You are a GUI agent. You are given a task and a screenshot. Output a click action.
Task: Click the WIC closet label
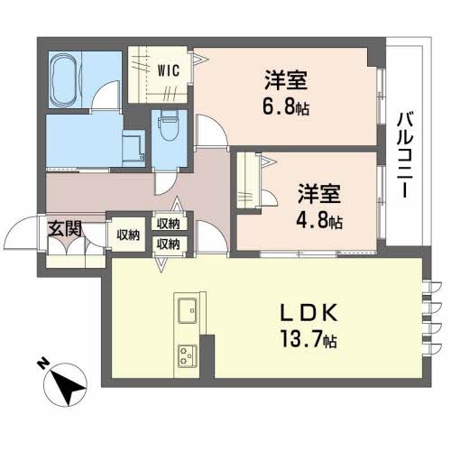coord(169,70)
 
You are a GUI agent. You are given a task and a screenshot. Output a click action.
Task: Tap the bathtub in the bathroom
coord(64,79)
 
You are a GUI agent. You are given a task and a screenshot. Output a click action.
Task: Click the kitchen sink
coord(187,310)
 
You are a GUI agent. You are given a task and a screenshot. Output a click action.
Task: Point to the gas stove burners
coord(188,356)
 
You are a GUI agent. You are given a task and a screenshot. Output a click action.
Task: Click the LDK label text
coord(308,313)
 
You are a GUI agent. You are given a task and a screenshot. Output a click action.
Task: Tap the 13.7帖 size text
coord(308,339)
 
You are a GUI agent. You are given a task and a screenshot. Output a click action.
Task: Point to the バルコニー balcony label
coord(405,155)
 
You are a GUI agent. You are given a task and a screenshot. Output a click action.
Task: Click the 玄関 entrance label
coord(65,229)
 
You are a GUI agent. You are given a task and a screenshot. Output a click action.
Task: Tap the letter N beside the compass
coord(43,364)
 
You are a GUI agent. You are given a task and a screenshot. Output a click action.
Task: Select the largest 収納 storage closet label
coord(128,235)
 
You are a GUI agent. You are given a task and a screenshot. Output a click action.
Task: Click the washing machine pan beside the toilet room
coord(133,148)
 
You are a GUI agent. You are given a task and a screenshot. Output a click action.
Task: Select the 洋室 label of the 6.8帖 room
coord(286,80)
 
